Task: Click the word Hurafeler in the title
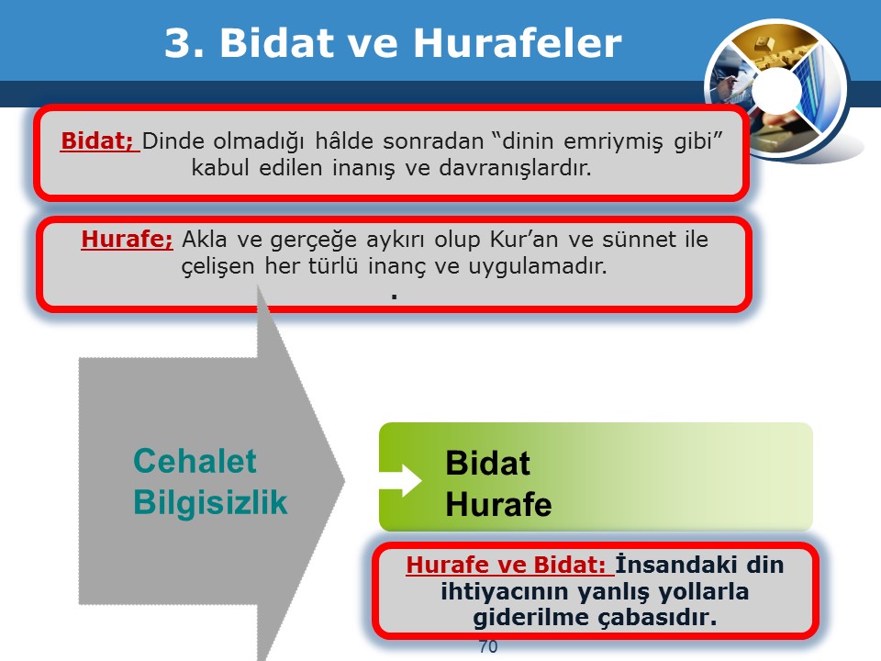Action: tap(518, 43)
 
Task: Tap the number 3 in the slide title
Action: tap(178, 43)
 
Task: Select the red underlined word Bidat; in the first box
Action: tap(100, 141)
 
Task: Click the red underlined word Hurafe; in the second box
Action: tap(128, 239)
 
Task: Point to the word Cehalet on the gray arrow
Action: tap(195, 461)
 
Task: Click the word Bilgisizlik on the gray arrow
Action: tap(211, 502)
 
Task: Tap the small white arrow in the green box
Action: tap(401, 481)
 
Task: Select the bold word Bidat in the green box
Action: tap(487, 463)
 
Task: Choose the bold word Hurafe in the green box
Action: tap(498, 504)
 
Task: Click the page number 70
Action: tap(488, 646)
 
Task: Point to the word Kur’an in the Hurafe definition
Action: tap(524, 240)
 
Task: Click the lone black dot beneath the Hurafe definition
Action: tap(395, 296)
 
